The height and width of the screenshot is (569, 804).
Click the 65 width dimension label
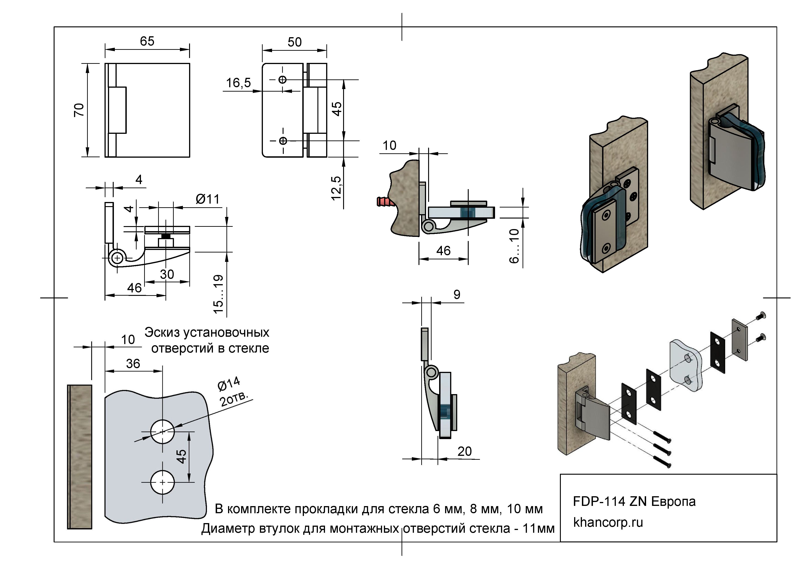[x=147, y=41]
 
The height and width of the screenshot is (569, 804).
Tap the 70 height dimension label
[x=79, y=110]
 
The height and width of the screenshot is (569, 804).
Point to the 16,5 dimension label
[x=238, y=83]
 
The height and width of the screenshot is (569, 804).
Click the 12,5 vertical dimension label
[x=336, y=188]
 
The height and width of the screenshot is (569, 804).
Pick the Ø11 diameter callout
[x=208, y=199]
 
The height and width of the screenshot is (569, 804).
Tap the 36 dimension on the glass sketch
[x=133, y=364]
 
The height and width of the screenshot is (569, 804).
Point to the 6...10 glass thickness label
[x=514, y=246]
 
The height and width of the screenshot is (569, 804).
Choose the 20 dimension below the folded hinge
[x=464, y=451]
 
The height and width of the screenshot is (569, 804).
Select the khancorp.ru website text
[x=608, y=522]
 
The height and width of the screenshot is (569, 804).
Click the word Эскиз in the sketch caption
[x=162, y=332]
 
